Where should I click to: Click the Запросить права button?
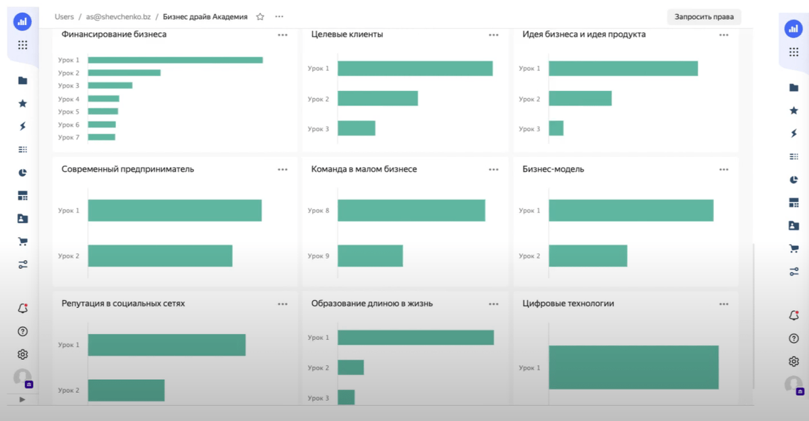tap(704, 17)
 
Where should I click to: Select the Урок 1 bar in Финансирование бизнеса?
tap(175, 60)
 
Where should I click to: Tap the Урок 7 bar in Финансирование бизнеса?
tap(101, 137)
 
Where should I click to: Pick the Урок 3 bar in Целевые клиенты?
tap(356, 129)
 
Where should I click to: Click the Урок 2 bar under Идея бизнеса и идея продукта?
tap(580, 98)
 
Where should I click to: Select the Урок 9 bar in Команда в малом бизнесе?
tap(370, 256)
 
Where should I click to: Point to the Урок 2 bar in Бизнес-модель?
tap(588, 256)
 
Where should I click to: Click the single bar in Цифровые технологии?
tap(634, 367)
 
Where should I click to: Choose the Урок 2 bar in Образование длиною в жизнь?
tap(351, 367)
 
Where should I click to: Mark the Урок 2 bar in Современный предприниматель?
tap(160, 256)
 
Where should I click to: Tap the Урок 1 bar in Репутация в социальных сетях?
tap(167, 345)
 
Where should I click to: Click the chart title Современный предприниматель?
tap(127, 169)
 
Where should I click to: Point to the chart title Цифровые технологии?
tap(568, 304)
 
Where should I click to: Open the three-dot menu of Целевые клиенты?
tap(493, 35)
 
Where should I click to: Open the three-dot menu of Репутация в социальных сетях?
tap(282, 304)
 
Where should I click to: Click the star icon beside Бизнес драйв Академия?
tap(260, 16)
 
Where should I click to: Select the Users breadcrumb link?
tap(64, 16)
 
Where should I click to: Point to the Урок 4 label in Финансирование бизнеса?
tap(69, 99)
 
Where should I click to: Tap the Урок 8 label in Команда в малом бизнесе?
tap(318, 211)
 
